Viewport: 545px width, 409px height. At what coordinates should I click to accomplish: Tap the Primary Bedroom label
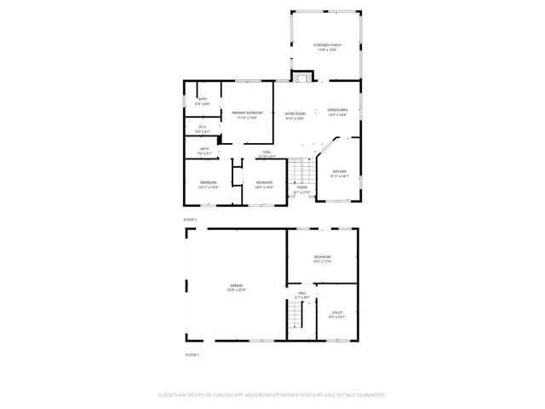click(247, 112)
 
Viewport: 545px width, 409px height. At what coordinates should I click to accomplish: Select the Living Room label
click(295, 112)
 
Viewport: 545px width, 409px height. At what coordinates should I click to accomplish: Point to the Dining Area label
click(338, 109)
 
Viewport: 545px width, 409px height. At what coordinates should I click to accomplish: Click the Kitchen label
click(340, 171)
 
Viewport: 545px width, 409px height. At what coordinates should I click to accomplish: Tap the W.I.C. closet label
click(203, 128)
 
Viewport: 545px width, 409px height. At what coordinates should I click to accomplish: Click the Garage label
click(236, 285)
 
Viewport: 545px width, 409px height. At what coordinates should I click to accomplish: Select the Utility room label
click(336, 313)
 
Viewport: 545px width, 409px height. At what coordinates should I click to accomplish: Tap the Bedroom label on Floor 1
click(322, 256)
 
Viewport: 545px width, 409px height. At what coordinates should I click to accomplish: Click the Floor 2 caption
click(191, 220)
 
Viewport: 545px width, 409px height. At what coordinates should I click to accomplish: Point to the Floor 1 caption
click(192, 354)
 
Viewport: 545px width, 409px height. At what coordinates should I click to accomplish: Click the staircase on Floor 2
click(296, 173)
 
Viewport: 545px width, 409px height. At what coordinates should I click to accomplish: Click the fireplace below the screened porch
click(299, 78)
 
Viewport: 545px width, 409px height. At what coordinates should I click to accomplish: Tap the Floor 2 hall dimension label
click(267, 157)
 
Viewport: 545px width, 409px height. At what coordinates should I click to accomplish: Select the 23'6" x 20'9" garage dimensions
click(236, 290)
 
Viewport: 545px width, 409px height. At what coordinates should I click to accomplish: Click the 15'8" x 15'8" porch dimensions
click(325, 49)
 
